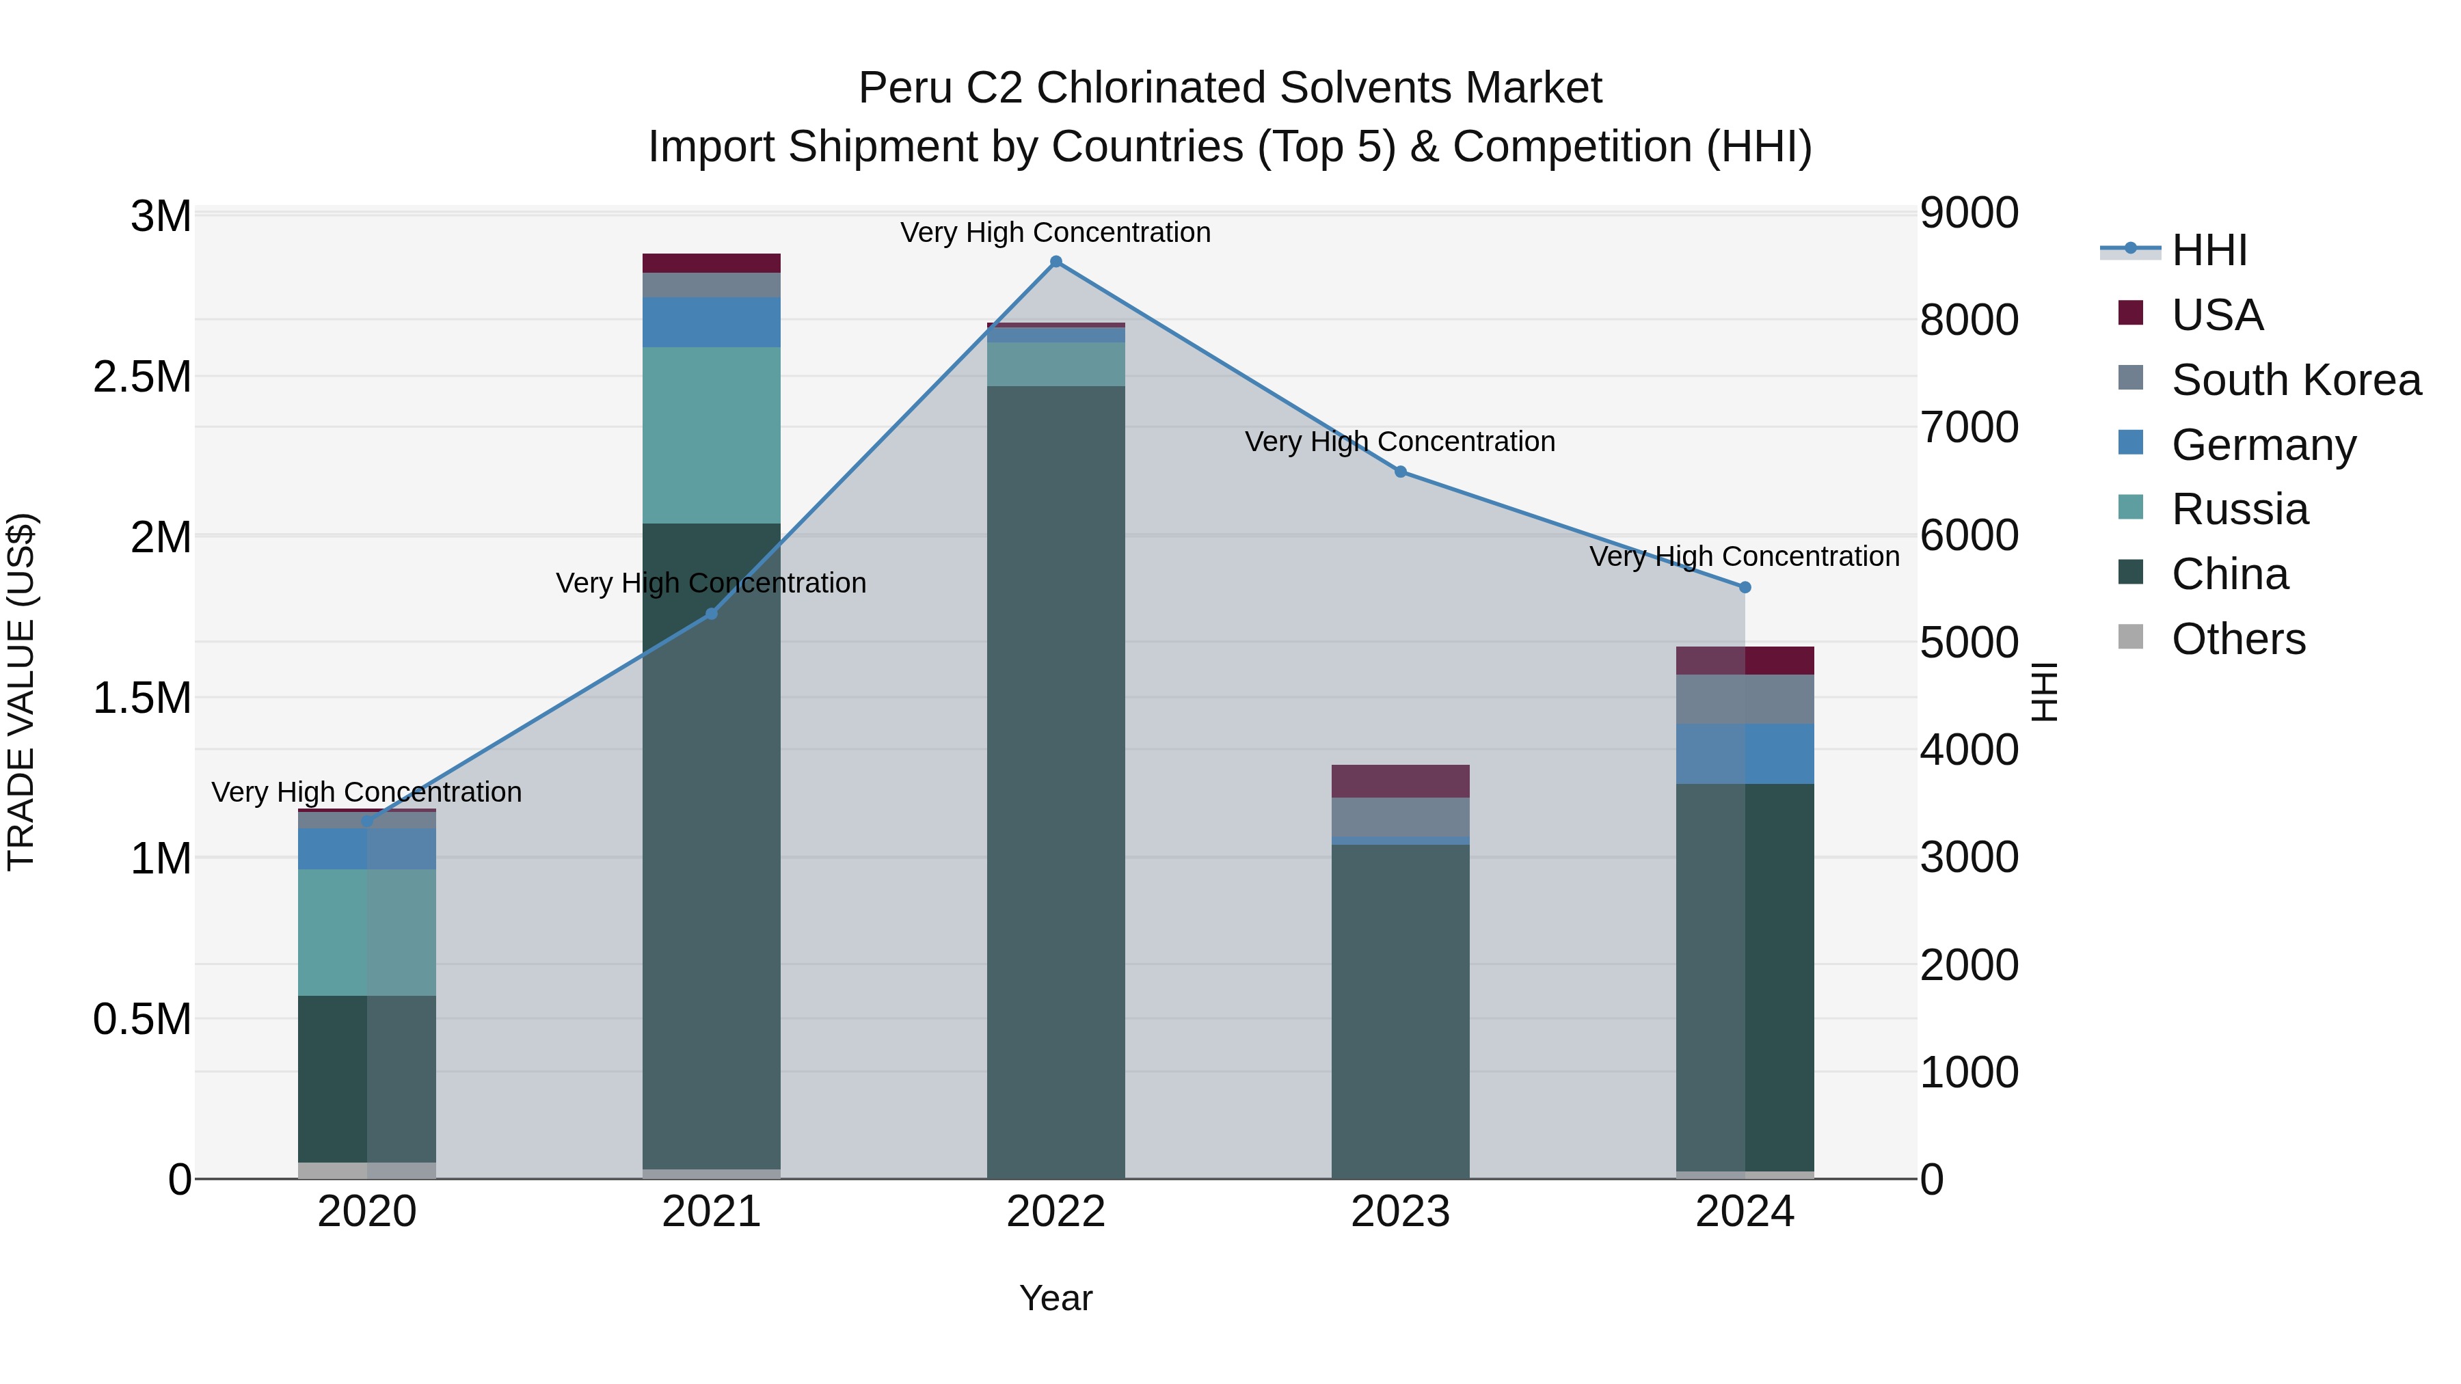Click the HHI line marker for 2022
pyautogui.click(x=1055, y=262)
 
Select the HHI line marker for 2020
pyautogui.click(x=367, y=820)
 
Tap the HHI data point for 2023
pyautogui.click(x=1401, y=472)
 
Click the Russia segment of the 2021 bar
pyautogui.click(x=711, y=435)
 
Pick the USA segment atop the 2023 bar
pyautogui.click(x=1401, y=781)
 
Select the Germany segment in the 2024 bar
pyautogui.click(x=1745, y=754)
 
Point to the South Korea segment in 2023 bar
pyautogui.click(x=1401, y=817)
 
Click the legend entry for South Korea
pyautogui.click(x=2295, y=380)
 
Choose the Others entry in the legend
pyautogui.click(x=2237, y=639)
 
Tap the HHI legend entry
pyautogui.click(x=2209, y=250)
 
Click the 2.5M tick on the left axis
pyautogui.click(x=142, y=377)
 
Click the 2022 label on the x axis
pyautogui.click(x=1055, y=1212)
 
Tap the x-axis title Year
pyautogui.click(x=1055, y=1298)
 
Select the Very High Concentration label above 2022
pyautogui.click(x=1055, y=232)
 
